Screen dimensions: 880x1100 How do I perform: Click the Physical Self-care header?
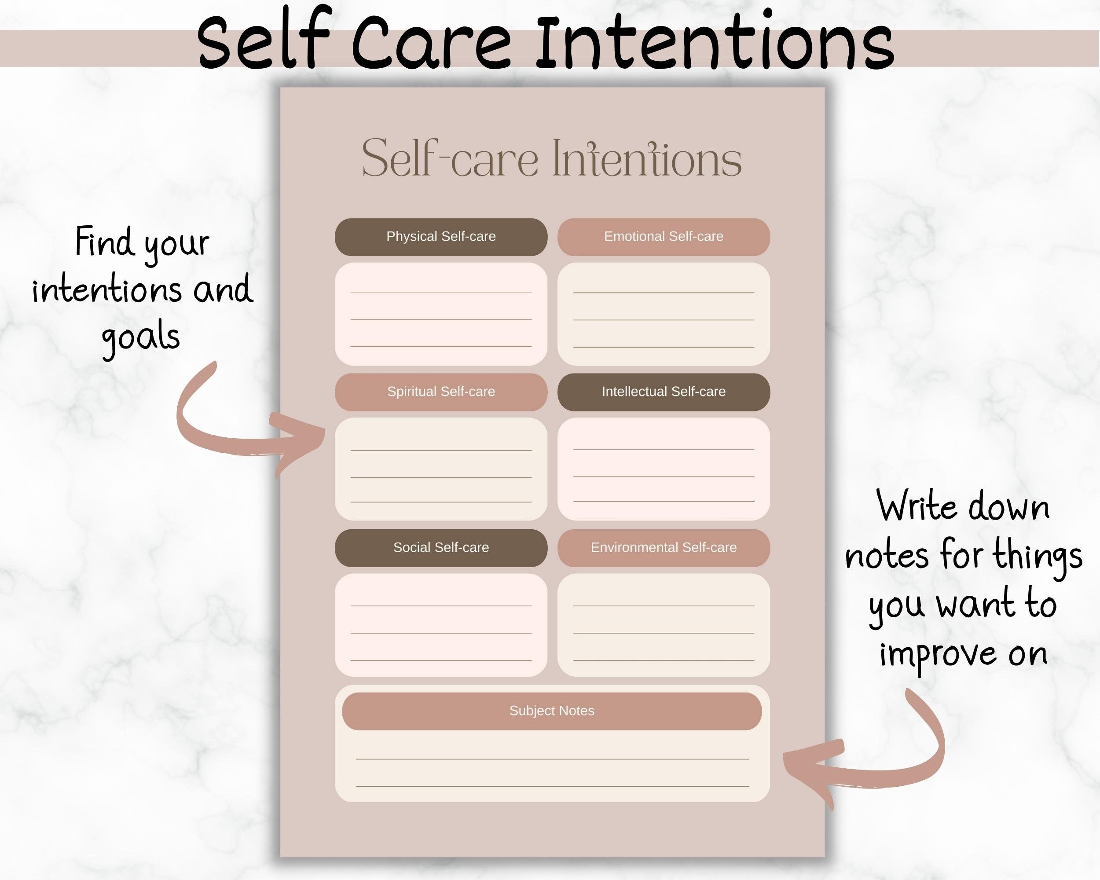tap(441, 237)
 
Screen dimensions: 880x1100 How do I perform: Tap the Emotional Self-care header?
tap(663, 237)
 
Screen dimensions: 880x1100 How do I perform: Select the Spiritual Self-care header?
tap(441, 392)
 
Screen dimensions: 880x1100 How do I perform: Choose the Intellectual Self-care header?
tap(663, 392)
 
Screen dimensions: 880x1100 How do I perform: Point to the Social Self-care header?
tap(441, 547)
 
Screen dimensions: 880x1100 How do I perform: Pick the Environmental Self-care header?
tap(663, 547)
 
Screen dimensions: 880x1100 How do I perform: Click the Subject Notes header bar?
tap(551, 711)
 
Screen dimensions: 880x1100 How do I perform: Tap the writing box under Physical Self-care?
tap(441, 314)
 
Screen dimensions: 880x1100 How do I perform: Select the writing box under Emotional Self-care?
tap(663, 314)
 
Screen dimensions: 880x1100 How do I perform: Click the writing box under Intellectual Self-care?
tap(663, 469)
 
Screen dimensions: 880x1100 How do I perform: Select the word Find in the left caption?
tap(105, 242)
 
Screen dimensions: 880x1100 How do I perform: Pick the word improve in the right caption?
tap(937, 656)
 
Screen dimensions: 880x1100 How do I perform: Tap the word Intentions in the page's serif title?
tap(646, 159)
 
